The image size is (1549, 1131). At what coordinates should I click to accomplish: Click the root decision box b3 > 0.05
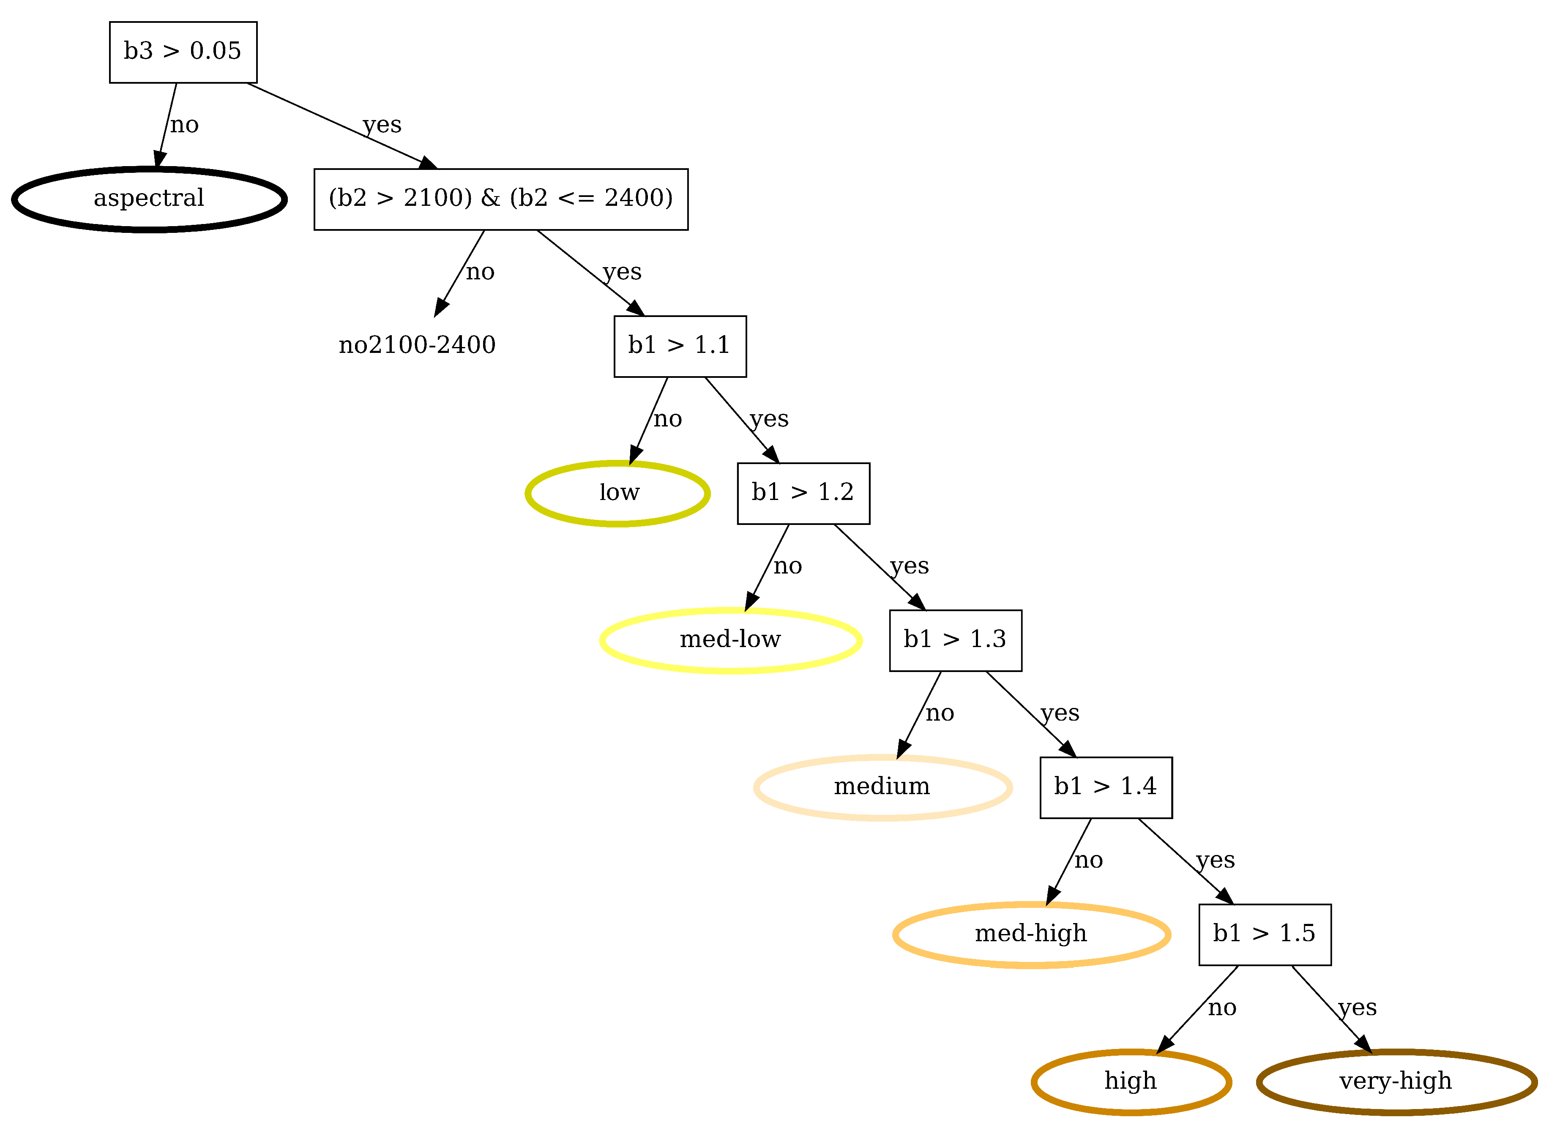click(x=183, y=52)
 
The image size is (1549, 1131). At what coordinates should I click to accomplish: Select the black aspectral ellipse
click(x=148, y=199)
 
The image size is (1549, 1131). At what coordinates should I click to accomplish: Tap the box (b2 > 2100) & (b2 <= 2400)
click(x=500, y=199)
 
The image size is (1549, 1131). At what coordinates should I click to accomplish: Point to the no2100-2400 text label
click(x=417, y=345)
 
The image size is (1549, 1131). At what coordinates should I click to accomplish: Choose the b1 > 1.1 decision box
click(x=680, y=346)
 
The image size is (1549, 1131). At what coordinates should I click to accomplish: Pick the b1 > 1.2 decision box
click(x=803, y=493)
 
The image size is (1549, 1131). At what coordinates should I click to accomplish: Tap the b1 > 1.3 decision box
click(x=955, y=640)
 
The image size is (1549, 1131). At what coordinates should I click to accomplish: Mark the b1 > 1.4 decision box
click(x=1106, y=787)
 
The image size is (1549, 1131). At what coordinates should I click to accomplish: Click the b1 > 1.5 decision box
click(x=1264, y=934)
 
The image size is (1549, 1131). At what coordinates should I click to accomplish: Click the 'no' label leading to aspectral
click(x=184, y=125)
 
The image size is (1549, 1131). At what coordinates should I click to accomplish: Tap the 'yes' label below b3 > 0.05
click(x=382, y=125)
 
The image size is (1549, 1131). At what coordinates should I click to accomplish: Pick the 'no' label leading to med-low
click(x=787, y=566)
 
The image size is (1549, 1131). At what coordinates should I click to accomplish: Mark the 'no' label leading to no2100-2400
click(x=480, y=273)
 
